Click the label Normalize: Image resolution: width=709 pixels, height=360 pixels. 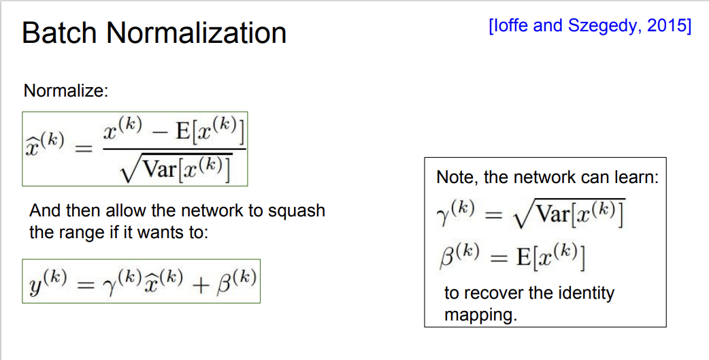pos(66,91)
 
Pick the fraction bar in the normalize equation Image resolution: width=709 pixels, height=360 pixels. pos(174,149)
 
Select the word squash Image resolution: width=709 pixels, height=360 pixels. pos(298,211)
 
